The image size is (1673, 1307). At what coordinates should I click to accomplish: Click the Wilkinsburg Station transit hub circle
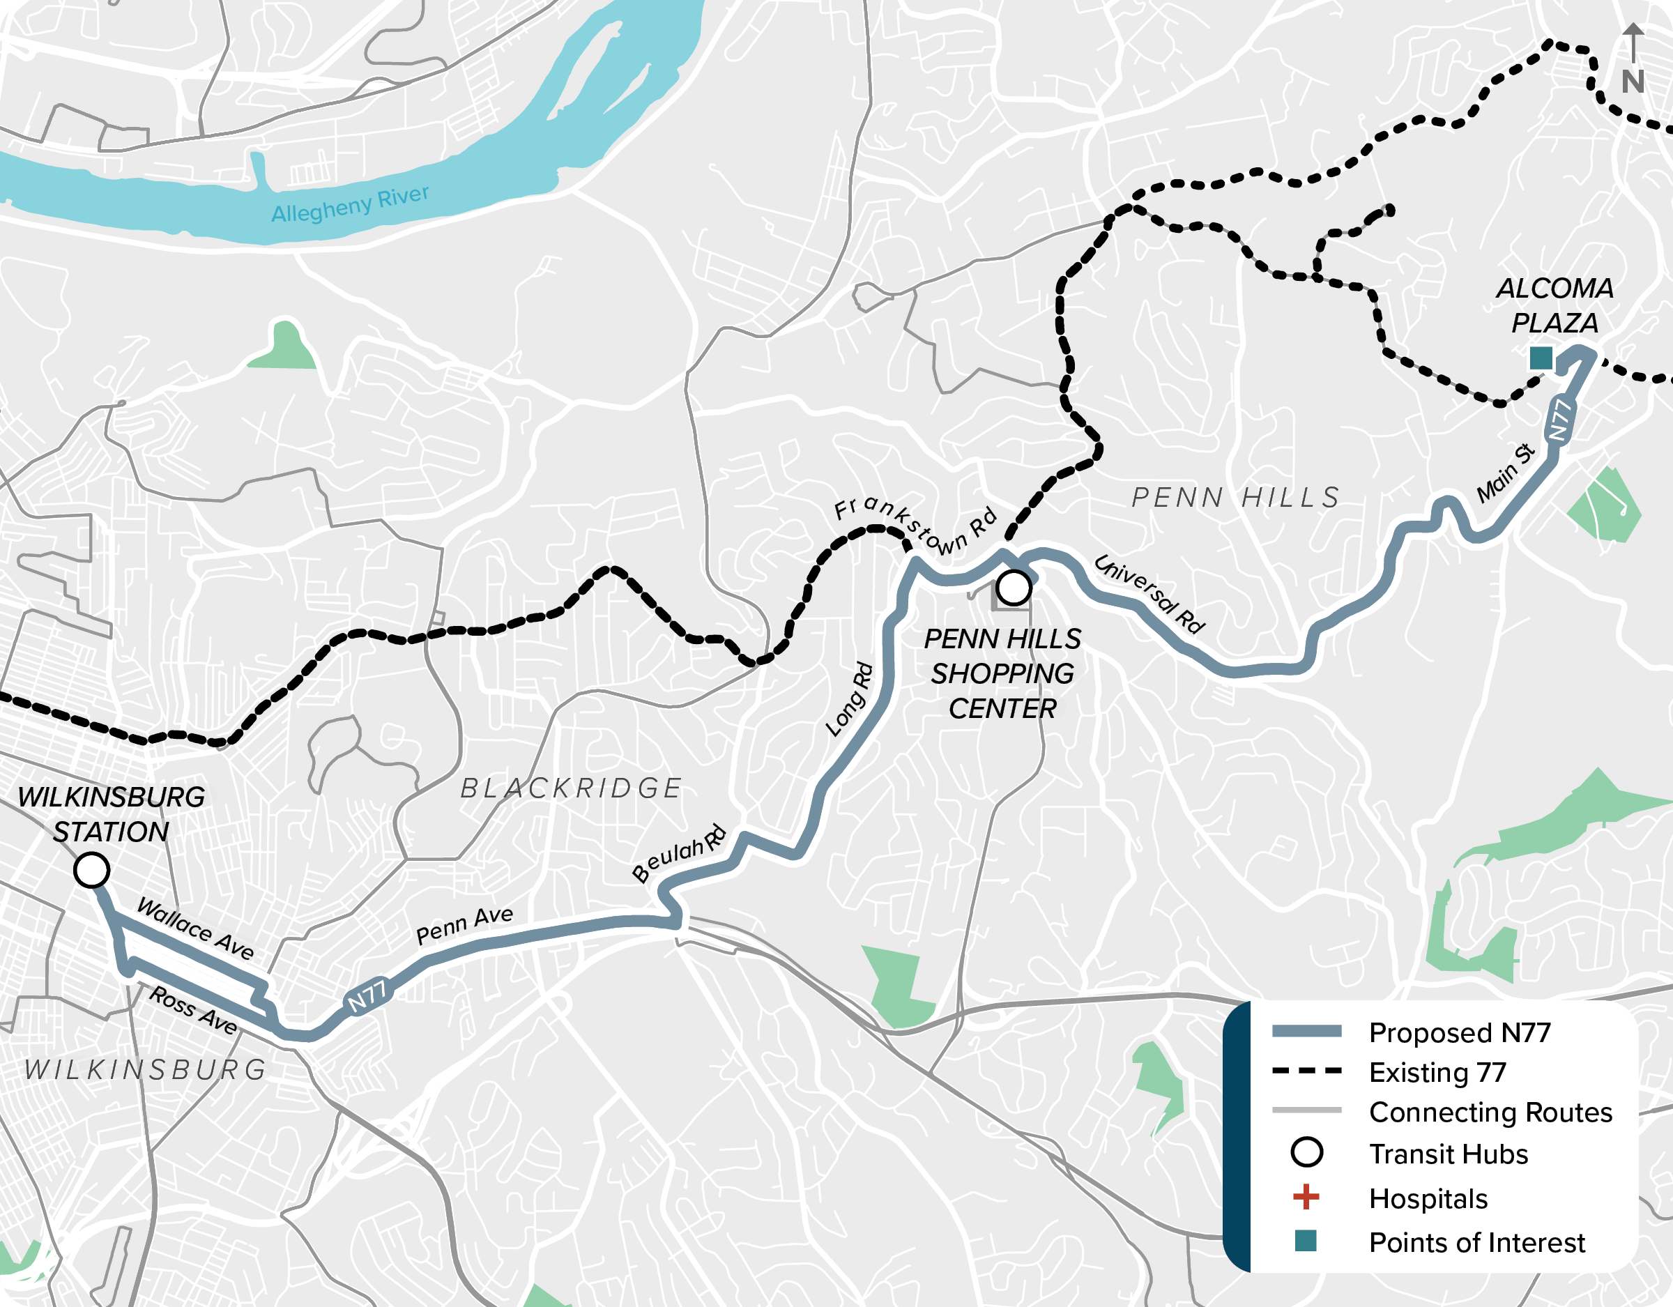coord(91,871)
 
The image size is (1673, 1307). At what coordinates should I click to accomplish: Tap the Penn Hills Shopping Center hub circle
coord(1014,588)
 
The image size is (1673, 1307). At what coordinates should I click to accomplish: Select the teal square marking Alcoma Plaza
coord(1541,358)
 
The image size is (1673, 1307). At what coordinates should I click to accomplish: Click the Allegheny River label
coord(350,204)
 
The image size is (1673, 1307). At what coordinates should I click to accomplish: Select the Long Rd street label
coord(849,699)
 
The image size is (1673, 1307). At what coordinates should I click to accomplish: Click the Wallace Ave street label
coord(195,929)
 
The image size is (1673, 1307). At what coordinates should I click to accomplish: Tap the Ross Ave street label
coord(193,1010)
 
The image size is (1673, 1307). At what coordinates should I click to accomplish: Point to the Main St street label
coord(1506,473)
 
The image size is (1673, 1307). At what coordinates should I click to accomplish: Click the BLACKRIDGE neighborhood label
coord(571,788)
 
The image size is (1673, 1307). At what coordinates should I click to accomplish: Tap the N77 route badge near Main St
coord(1560,419)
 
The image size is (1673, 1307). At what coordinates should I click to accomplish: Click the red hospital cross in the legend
coord(1306,1197)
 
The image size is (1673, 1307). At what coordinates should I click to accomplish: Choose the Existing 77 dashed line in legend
coord(1306,1071)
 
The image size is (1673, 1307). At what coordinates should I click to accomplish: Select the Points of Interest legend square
coord(1306,1240)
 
